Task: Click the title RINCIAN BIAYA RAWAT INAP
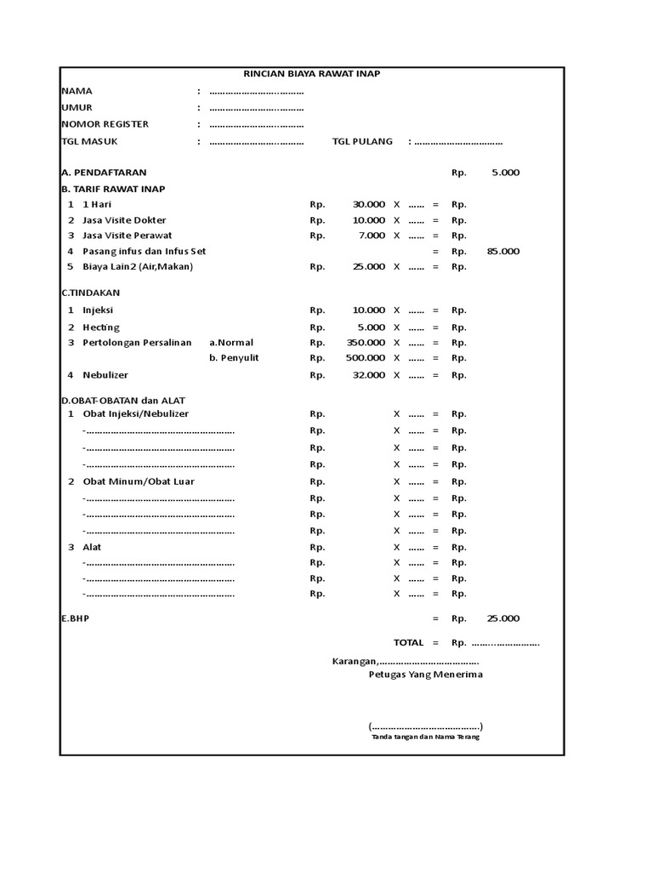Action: [x=311, y=74]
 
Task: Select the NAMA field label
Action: [x=77, y=91]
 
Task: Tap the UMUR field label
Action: [x=77, y=108]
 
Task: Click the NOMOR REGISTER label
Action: [x=105, y=124]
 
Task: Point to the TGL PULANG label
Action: [x=362, y=141]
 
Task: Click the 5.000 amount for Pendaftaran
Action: [x=505, y=173]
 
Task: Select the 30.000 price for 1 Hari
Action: [x=369, y=204]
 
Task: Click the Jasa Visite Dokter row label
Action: [x=124, y=220]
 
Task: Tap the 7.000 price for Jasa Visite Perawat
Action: [x=372, y=236]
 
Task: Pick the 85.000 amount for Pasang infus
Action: [x=503, y=252]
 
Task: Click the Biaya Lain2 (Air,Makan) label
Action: [x=138, y=267]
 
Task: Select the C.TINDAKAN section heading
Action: [x=91, y=293]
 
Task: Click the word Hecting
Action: [x=101, y=327]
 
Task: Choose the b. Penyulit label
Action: [x=234, y=358]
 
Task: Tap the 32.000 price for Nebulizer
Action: [x=369, y=375]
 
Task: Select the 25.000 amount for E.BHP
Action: [x=503, y=619]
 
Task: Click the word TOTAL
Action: [x=408, y=643]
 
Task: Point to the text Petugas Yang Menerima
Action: [x=425, y=675]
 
